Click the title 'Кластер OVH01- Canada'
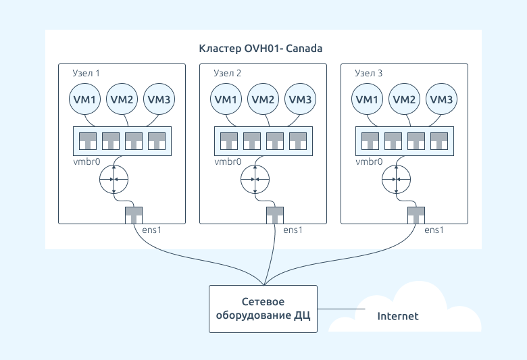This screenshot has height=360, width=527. click(x=261, y=49)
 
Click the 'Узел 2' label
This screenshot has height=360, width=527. click(x=228, y=73)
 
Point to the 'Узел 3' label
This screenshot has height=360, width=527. click(x=369, y=73)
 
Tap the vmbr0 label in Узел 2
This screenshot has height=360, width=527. click(x=228, y=161)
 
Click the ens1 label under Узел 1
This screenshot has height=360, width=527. click(x=151, y=230)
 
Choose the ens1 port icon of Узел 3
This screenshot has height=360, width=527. click(x=416, y=215)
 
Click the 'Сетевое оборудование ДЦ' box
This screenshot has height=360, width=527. click(x=263, y=309)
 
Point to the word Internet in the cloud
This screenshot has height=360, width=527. click(x=398, y=316)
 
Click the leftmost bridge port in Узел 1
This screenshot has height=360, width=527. click(x=88, y=141)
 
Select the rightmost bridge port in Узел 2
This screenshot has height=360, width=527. click(x=298, y=141)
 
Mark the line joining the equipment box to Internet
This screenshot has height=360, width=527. click(x=341, y=309)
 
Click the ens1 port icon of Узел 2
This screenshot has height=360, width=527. click(x=275, y=215)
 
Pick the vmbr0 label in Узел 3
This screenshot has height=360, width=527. click(x=369, y=161)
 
